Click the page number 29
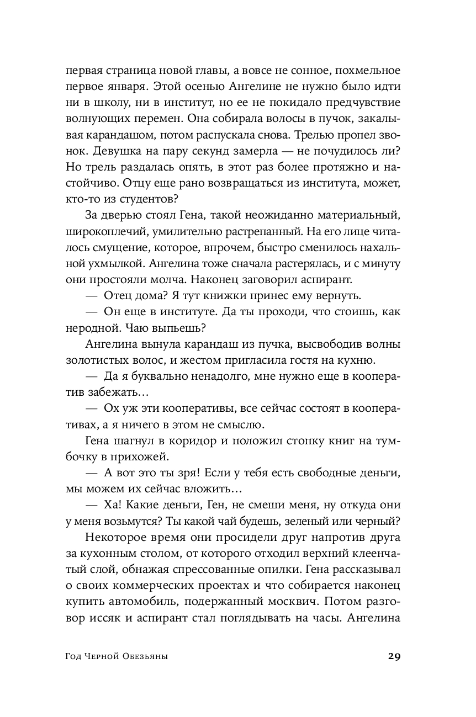tap(393, 656)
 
